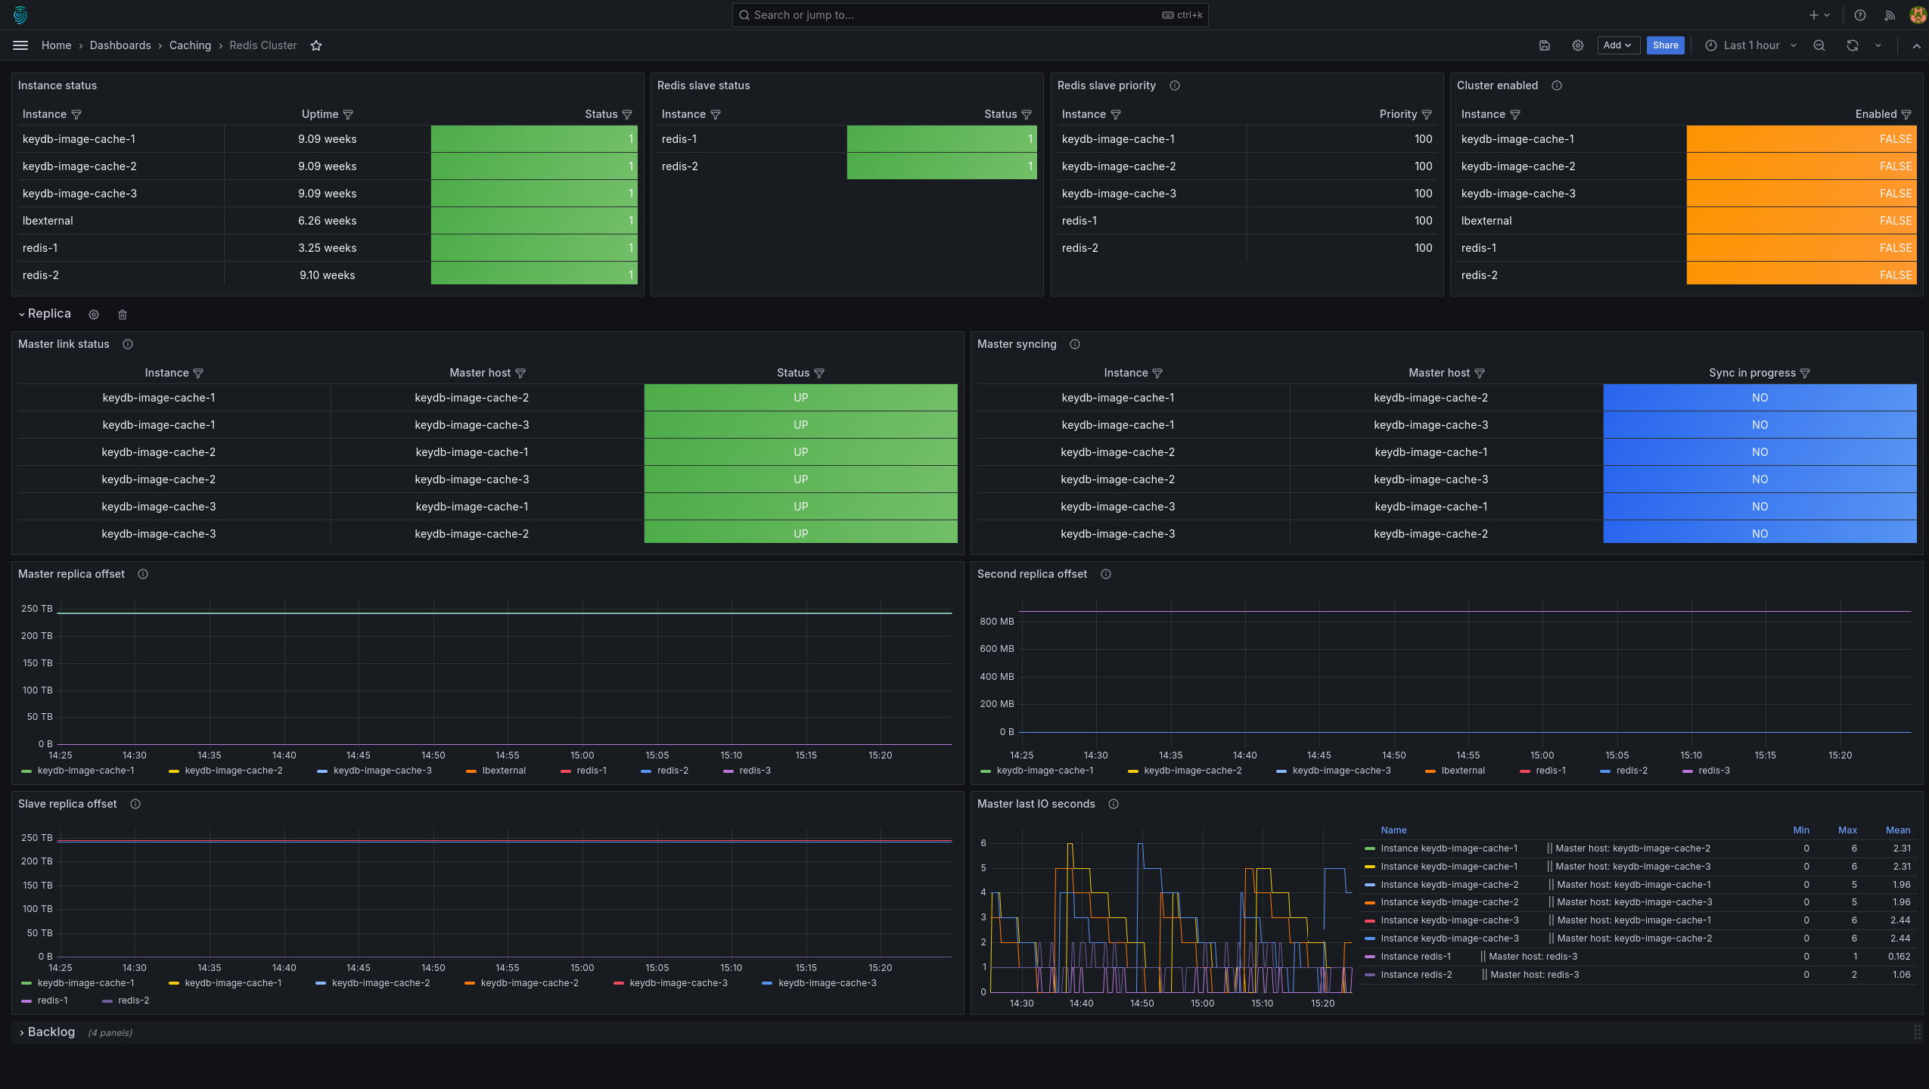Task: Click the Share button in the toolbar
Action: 1665,45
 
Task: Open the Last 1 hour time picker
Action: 1750,45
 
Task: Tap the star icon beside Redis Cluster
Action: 316,45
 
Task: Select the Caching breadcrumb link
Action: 190,45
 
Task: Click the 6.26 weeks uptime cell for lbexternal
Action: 327,221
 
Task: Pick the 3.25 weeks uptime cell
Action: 327,248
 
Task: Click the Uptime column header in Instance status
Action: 320,114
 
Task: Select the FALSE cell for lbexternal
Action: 1801,221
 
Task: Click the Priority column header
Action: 1398,114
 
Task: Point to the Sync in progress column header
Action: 1752,373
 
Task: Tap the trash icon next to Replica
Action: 123,315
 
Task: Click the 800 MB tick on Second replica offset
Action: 997,622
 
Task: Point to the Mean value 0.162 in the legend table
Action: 1899,957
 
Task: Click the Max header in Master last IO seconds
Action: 1847,830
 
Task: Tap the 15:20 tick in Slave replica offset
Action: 881,968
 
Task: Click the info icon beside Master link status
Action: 128,344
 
